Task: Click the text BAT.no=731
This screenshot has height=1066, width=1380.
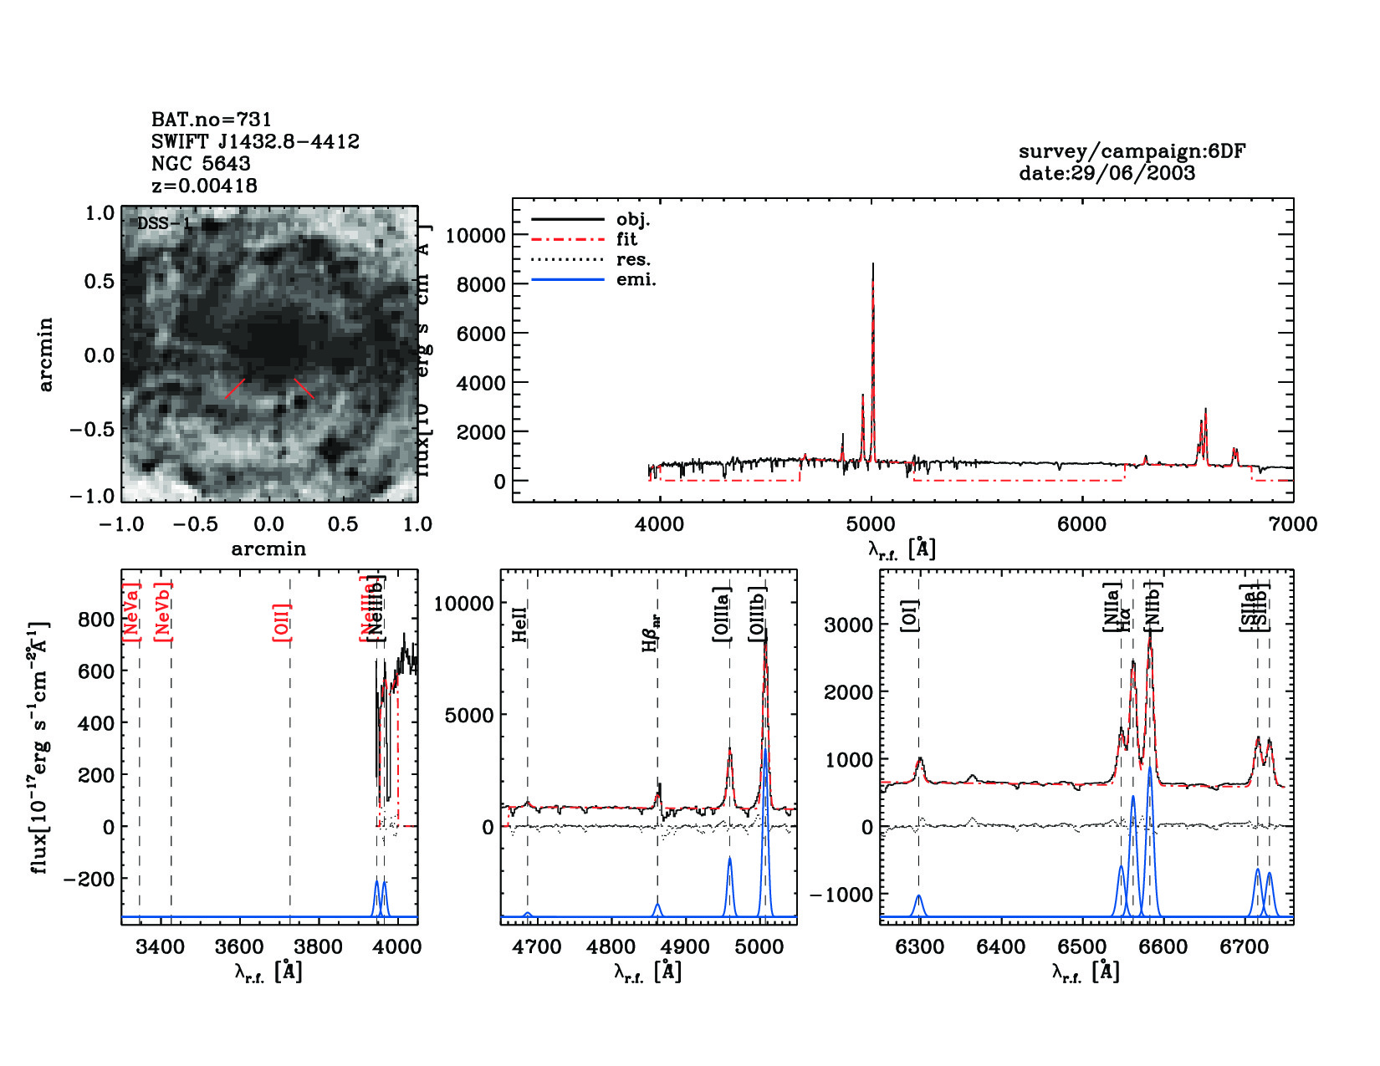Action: point(211,120)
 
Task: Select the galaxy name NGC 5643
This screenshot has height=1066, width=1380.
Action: point(201,163)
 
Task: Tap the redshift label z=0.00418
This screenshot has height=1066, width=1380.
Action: point(204,185)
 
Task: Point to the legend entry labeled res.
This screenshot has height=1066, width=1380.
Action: point(633,259)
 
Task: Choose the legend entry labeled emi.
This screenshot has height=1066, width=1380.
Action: point(636,279)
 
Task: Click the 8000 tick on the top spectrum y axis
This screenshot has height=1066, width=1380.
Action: point(481,284)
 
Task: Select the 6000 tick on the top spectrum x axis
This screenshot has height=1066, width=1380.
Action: point(1081,524)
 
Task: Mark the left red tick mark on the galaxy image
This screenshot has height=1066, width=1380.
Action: point(235,389)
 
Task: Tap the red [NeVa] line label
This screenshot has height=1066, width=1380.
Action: point(131,612)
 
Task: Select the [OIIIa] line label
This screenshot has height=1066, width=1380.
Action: point(722,615)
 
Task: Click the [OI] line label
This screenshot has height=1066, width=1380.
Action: point(910,615)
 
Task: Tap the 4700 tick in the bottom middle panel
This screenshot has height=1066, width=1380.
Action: point(536,947)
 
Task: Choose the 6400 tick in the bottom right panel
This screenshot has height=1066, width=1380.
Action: point(1001,947)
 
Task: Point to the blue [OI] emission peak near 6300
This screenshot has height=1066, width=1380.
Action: point(918,896)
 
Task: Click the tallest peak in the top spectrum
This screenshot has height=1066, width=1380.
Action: point(872,265)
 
